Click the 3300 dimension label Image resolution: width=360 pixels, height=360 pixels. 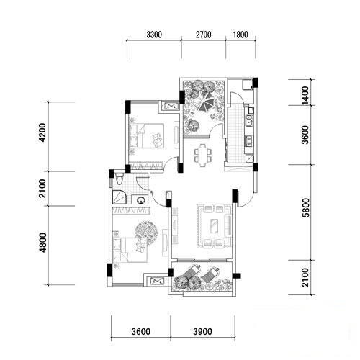(x=154, y=35)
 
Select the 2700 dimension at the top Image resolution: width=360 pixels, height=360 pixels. (x=204, y=35)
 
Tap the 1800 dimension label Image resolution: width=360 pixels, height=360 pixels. (x=240, y=35)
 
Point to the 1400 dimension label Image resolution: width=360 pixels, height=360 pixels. (x=305, y=95)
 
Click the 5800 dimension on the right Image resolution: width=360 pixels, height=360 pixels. (x=306, y=207)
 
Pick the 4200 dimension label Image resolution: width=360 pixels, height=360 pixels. (x=42, y=132)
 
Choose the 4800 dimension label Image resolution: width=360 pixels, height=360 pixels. (x=42, y=243)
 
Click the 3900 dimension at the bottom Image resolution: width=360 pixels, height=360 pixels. (x=202, y=332)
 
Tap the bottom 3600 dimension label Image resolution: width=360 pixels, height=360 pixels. (x=141, y=332)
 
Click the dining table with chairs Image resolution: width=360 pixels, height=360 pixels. (x=203, y=155)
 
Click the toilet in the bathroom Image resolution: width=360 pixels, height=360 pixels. (x=119, y=179)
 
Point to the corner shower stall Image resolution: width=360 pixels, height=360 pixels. (x=120, y=197)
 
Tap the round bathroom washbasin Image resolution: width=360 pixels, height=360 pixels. (x=140, y=199)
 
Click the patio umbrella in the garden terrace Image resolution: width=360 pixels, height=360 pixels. (x=206, y=102)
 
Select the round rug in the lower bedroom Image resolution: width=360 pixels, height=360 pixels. (x=146, y=233)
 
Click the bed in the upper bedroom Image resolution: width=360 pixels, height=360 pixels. (x=147, y=135)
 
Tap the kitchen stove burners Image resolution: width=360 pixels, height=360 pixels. (x=248, y=141)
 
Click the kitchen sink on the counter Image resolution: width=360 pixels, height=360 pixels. (x=248, y=120)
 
